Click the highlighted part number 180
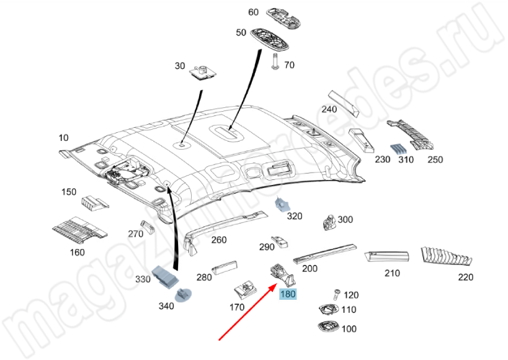pyautogui.click(x=288, y=295)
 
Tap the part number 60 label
pyautogui.click(x=253, y=12)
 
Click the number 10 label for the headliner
pyautogui.click(x=63, y=137)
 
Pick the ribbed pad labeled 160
pyautogui.click(x=76, y=230)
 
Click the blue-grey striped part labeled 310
pyautogui.click(x=398, y=149)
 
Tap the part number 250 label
pyautogui.click(x=435, y=160)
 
